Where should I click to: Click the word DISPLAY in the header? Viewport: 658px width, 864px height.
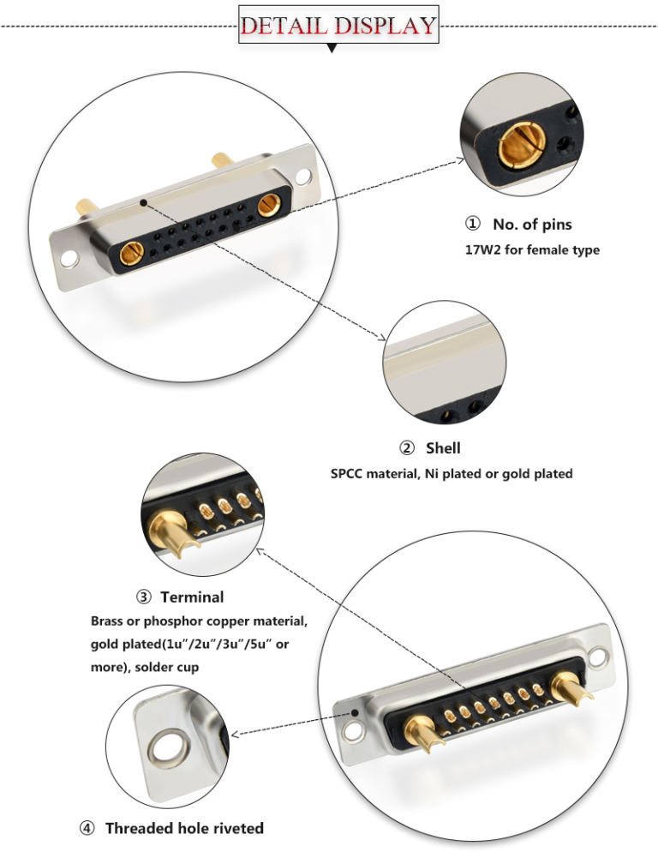pyautogui.click(x=385, y=25)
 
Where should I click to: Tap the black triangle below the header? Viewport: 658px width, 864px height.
pyautogui.click(x=332, y=49)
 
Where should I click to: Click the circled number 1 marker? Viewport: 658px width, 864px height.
pyautogui.click(x=472, y=225)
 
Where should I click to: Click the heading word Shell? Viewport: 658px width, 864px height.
pyautogui.click(x=443, y=447)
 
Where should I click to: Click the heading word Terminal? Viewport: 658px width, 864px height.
pyautogui.click(x=192, y=597)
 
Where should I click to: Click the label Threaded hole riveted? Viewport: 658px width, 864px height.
pyautogui.click(x=184, y=828)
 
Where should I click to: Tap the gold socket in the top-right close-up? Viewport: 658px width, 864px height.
pyautogui.click(x=517, y=143)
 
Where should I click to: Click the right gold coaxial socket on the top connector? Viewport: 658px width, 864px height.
pyautogui.click(x=269, y=206)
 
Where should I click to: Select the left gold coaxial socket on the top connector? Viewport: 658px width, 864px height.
pyautogui.click(x=131, y=255)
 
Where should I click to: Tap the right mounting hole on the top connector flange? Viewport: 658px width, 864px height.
pyautogui.click(x=305, y=177)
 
